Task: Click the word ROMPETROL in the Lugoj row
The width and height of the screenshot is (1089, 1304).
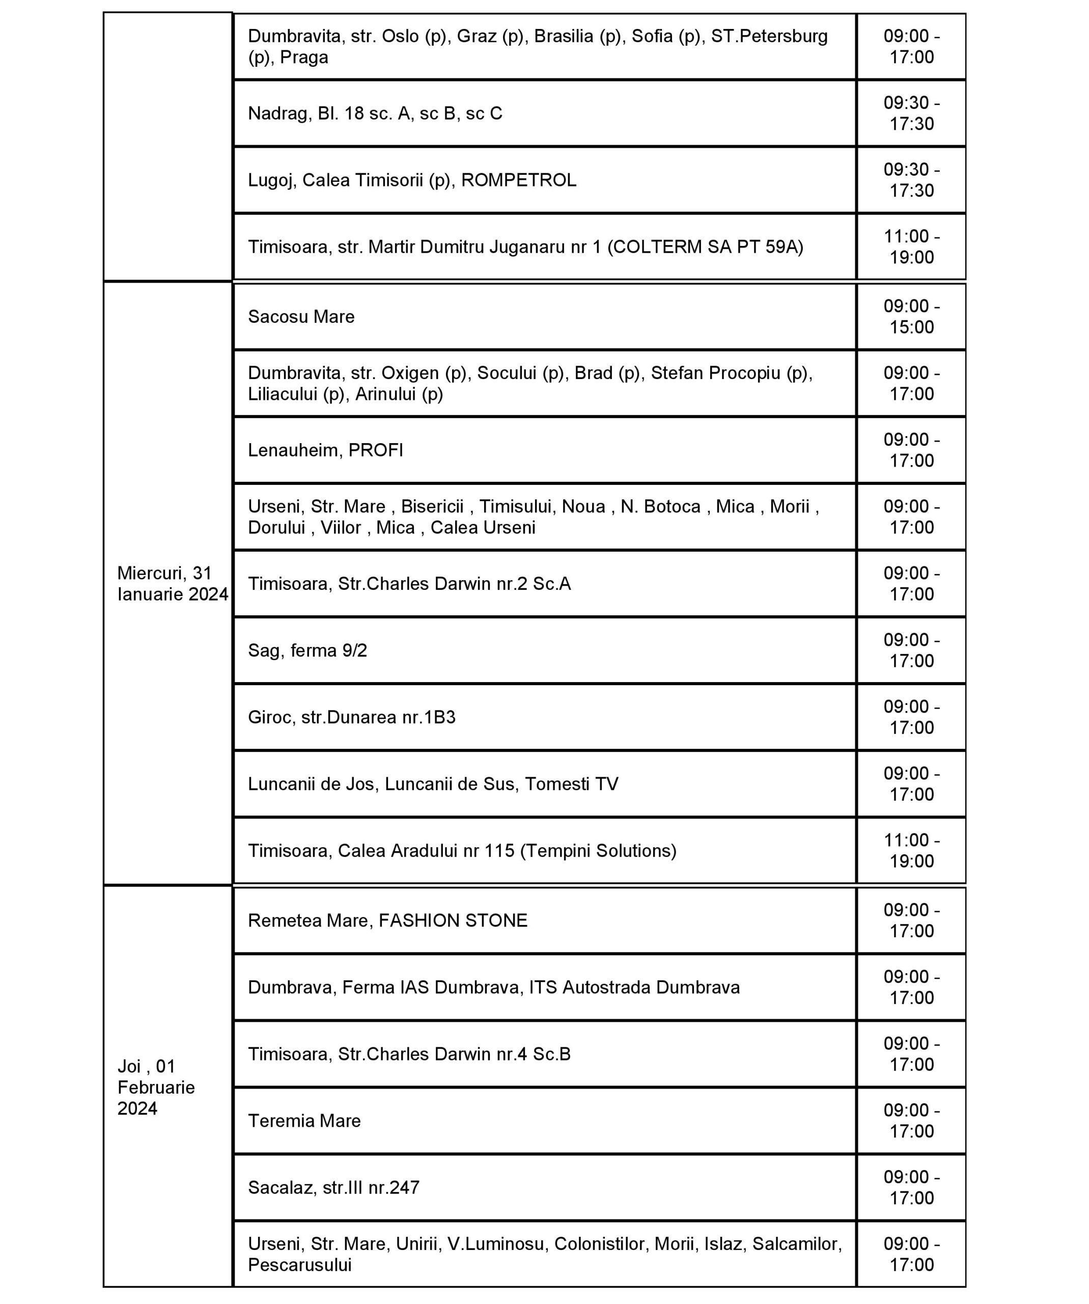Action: point(519,180)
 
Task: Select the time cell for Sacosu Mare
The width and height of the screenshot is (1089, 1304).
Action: point(911,317)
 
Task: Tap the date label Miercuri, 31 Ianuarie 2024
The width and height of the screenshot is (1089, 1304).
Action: point(172,584)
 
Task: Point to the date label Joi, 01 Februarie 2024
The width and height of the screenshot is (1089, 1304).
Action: point(156,1088)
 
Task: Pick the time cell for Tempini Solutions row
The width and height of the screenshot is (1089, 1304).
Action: point(911,851)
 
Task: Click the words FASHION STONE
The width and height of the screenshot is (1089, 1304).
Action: point(453,920)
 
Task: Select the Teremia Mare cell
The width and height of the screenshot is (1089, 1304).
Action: point(304,1121)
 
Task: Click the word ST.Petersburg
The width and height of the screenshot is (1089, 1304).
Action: point(769,36)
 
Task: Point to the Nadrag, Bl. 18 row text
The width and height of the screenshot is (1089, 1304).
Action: point(375,114)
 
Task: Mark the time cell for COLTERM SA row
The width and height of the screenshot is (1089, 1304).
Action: point(911,247)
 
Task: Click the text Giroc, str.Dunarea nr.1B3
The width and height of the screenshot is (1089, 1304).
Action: point(351,717)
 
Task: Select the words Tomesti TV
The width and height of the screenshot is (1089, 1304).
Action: point(572,784)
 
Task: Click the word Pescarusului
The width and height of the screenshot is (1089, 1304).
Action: point(300,1264)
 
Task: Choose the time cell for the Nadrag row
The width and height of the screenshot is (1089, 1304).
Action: point(911,114)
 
